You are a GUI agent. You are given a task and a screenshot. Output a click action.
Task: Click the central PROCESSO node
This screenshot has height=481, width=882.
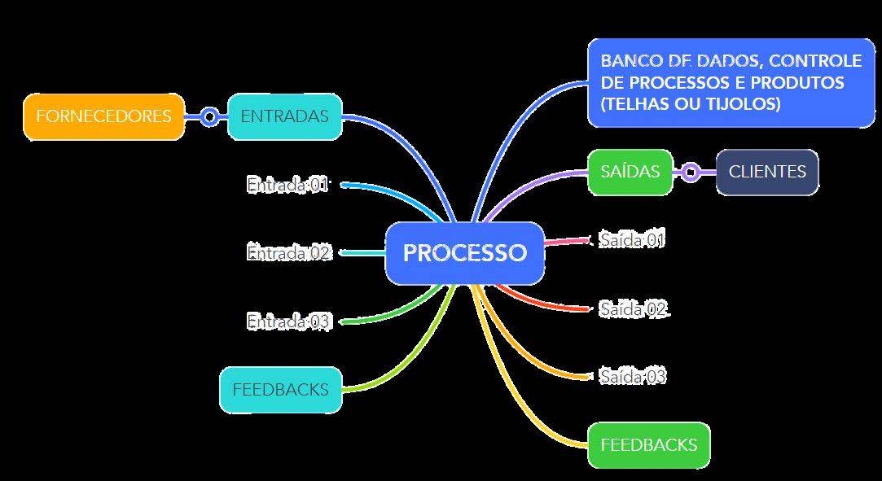[x=464, y=253]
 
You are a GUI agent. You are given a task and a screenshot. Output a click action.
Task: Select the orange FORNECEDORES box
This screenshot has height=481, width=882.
[x=103, y=116]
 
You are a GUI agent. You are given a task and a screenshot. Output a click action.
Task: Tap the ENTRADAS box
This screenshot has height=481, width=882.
[x=284, y=116]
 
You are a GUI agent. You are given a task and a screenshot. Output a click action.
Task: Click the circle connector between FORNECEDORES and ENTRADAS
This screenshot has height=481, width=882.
[x=209, y=116]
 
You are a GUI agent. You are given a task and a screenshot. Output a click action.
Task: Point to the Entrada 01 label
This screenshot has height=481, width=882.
[x=287, y=186]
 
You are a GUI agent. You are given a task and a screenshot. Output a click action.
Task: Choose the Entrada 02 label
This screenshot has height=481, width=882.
[x=288, y=253]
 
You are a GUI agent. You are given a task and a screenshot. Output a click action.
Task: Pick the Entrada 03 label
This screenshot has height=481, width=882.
[x=288, y=321]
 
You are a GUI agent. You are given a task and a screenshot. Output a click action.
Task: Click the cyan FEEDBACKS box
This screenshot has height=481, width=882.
[x=280, y=390]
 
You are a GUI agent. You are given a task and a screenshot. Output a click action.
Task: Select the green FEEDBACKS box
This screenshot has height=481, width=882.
[x=648, y=445]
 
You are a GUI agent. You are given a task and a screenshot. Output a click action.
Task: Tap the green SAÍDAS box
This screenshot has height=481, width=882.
[x=630, y=172]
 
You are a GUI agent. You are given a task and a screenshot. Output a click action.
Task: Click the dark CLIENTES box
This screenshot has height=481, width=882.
[x=766, y=172]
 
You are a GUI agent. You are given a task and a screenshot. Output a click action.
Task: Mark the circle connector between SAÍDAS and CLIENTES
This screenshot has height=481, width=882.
[x=691, y=172]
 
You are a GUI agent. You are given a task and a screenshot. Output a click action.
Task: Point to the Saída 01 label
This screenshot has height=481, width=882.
[x=632, y=240]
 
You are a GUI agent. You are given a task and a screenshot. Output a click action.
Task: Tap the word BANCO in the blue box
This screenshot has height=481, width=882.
[x=629, y=61]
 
